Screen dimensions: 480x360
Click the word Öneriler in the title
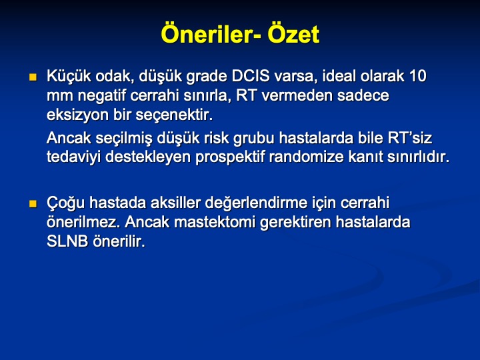pyautogui.click(x=209, y=34)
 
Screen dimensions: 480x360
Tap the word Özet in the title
pyautogui.click(x=293, y=34)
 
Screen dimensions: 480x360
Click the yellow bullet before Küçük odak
pyautogui.click(x=33, y=77)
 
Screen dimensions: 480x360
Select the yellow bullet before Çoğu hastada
pyautogui.click(x=33, y=203)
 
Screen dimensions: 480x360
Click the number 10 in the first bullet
pyautogui.click(x=417, y=76)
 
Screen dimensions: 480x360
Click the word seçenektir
pyautogui.click(x=174, y=115)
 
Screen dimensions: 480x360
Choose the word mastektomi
pyautogui.click(x=214, y=222)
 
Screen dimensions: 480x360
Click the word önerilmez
pyautogui.click(x=83, y=222)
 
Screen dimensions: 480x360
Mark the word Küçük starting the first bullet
pyautogui.click(x=69, y=76)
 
